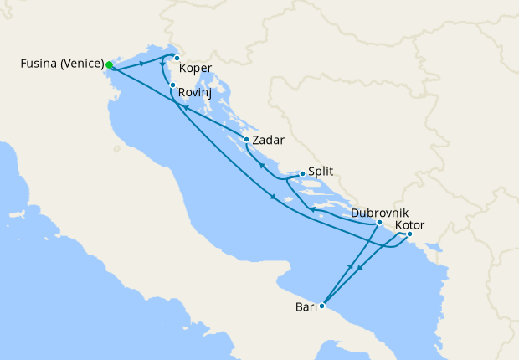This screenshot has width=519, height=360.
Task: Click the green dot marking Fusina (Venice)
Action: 110,64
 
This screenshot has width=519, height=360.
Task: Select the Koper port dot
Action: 177,58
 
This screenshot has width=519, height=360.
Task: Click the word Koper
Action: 196,68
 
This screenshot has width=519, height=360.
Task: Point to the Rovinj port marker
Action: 172,85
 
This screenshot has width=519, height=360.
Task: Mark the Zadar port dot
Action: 246,139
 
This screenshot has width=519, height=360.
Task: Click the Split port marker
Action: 302,174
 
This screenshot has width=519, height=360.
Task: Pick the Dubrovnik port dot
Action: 379,223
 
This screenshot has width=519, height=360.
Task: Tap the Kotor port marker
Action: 409,234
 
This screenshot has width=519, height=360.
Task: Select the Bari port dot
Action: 321,306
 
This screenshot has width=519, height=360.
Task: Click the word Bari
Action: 306,307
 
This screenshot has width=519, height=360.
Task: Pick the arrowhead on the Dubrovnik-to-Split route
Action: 311,209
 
